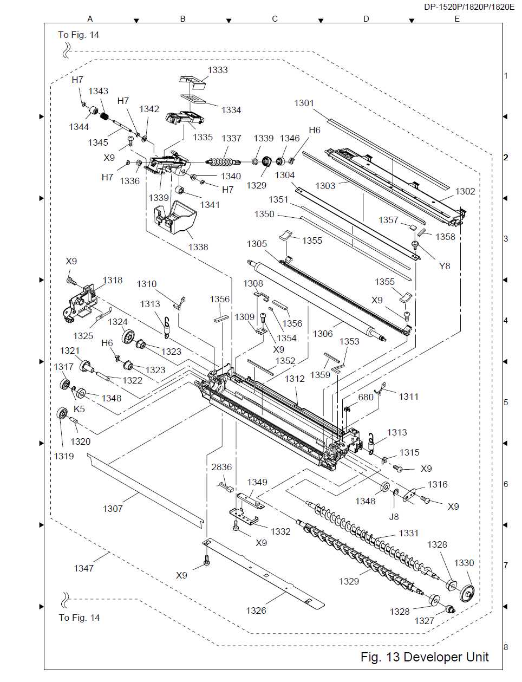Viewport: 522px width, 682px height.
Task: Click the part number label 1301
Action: coord(304,103)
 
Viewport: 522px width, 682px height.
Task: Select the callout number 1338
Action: coord(198,247)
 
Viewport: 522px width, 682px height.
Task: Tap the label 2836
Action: coord(221,467)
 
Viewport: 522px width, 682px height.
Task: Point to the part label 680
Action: coord(366,397)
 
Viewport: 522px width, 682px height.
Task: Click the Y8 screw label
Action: coord(445,266)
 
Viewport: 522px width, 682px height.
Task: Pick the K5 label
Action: coord(79,409)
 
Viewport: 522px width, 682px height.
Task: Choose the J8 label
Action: coord(394,516)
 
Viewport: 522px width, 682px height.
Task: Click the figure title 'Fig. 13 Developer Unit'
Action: coord(425,657)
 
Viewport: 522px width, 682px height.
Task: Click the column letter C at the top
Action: coord(275,19)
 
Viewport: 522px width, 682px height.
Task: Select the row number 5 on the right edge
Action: coord(506,402)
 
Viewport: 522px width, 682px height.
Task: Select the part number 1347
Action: coord(84,568)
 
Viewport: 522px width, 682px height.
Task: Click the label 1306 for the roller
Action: coord(323,334)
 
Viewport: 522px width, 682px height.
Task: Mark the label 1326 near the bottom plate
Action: coord(256,610)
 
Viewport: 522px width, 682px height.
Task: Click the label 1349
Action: coord(257,482)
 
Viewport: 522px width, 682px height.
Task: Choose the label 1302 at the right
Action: coord(465,191)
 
